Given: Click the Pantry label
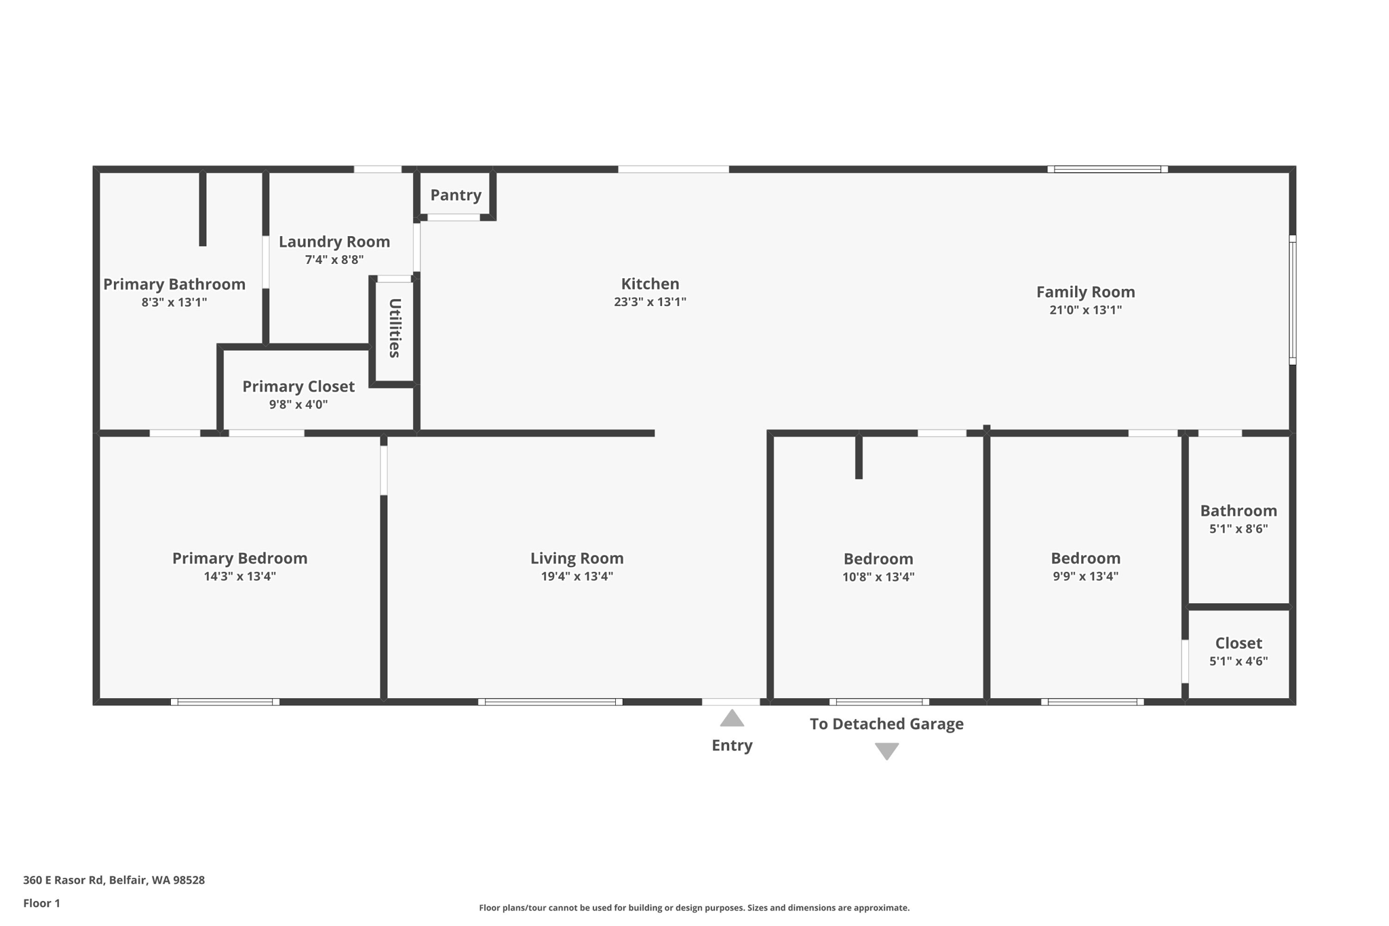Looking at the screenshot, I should pos(456,195).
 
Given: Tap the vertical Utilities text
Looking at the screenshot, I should pos(395,328).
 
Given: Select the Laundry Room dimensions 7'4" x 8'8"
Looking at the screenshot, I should pos(334,260).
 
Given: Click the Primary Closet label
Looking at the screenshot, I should pos(298,387).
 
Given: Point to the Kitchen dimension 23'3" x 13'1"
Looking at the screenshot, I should pos(650,302).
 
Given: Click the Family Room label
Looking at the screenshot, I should pos(1085,292).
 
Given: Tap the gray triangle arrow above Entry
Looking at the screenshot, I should pos(732,718).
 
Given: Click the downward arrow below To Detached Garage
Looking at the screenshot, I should pos(886,750).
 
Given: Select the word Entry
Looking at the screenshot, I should pos(732,746).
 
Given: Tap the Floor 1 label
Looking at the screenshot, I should pos(41,903).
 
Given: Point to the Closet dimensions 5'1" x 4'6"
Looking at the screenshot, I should pos(1238,661).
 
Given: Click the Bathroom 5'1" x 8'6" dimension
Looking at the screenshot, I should pos(1238,529).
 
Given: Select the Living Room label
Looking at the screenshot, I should pos(576,558).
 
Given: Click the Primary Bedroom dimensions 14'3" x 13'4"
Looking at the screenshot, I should pos(239,577).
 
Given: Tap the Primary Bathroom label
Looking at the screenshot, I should pos(174,284).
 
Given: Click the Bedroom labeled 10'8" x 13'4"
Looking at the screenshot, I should pos(878,559).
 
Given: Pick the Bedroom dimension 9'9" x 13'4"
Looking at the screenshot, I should pos(1085,577).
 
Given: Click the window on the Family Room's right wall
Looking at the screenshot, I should pos(1292,300).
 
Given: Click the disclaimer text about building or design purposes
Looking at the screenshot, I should pos(694,908).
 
